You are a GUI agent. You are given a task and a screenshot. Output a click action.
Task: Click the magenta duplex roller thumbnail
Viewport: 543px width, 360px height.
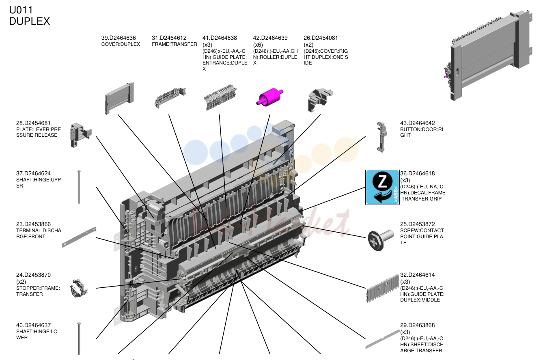pos(269,97)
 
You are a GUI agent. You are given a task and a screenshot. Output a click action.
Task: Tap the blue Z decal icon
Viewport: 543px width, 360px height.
pos(383,187)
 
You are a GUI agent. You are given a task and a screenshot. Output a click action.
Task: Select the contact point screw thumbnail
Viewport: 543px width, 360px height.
pos(380,240)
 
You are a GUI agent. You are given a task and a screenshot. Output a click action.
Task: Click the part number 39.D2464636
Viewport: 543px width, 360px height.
pos(119,38)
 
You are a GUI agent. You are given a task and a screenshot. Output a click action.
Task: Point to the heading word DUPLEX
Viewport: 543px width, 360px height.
pos(30,22)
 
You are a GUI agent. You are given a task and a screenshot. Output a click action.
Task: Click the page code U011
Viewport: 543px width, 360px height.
pos(21,10)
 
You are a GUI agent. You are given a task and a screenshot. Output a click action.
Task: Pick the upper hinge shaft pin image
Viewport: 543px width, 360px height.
pos(79,187)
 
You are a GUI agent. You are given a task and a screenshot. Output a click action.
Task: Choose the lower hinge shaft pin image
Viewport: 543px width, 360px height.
pos(79,338)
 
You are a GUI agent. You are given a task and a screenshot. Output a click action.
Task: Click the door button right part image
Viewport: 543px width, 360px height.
pos(381,137)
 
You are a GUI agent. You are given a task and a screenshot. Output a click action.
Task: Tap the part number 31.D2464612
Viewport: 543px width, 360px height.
pos(169,38)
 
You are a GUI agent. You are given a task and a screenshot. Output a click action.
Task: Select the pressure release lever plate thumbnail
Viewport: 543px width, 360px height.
pos(81,135)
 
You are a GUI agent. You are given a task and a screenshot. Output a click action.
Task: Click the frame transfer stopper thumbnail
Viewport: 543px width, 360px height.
pos(79,288)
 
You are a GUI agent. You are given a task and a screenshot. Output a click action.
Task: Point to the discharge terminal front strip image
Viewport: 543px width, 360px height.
pos(79,237)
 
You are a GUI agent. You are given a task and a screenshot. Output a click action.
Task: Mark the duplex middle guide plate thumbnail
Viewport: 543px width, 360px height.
pos(383,289)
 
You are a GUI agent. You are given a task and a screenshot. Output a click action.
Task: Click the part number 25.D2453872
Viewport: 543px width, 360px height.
pos(418,224)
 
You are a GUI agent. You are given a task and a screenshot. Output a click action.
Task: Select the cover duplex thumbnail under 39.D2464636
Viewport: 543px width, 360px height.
pos(119,98)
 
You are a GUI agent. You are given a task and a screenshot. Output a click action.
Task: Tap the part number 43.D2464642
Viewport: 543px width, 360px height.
pos(418,123)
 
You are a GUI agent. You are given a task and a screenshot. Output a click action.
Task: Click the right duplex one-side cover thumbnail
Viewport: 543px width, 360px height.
pos(320,100)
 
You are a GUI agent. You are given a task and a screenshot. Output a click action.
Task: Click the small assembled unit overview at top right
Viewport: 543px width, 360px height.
pos(488,55)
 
